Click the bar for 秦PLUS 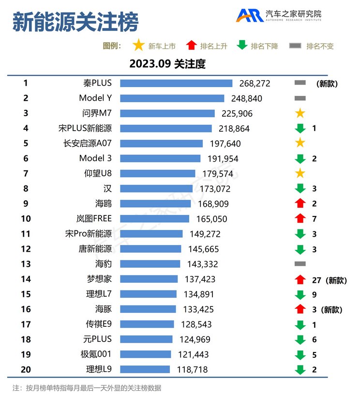[176, 83]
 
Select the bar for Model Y [172, 98]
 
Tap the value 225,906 [235, 114]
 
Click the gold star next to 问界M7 [300, 113]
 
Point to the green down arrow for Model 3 [300, 158]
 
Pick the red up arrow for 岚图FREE [300, 219]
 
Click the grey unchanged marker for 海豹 [300, 264]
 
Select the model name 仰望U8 [98, 173]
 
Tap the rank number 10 [26, 219]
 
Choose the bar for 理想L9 [145, 369]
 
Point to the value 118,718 [192, 369]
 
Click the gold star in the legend [138, 46]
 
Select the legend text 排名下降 [264, 46]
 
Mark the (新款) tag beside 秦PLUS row [327, 83]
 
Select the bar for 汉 [156, 188]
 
